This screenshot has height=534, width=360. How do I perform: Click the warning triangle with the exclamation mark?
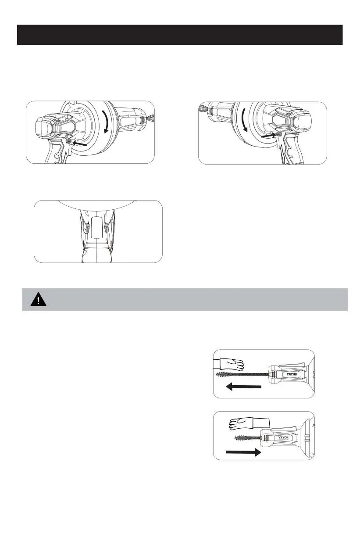(x=38, y=299)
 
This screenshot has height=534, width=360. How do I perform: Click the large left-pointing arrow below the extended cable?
(x=243, y=387)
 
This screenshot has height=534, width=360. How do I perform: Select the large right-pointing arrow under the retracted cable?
(x=243, y=452)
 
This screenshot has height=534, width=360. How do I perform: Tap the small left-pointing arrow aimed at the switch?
(x=79, y=143)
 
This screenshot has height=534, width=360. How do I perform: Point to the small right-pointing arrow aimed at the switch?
(x=268, y=136)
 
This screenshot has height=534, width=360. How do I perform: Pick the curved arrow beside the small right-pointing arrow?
(x=244, y=120)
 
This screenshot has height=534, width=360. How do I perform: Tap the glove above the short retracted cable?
(x=249, y=423)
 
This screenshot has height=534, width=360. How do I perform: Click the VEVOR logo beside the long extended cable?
(x=292, y=374)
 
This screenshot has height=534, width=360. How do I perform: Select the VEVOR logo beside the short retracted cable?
(x=283, y=438)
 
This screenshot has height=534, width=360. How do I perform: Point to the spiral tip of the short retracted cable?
(x=243, y=438)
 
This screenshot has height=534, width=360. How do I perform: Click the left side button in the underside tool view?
(x=87, y=228)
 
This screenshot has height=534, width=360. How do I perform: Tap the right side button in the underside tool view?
(x=106, y=228)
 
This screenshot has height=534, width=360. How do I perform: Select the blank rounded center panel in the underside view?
(x=97, y=227)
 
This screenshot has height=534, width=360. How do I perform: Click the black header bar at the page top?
(x=180, y=35)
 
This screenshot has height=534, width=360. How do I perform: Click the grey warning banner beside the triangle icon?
(x=185, y=299)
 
